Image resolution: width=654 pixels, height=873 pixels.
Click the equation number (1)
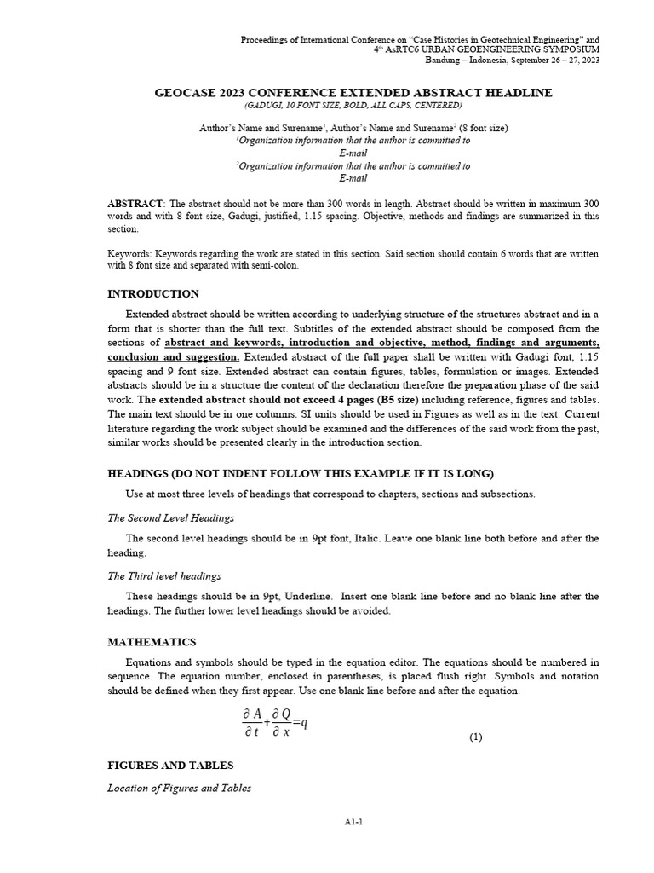click(x=476, y=737)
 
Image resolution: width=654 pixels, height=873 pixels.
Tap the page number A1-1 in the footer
click(x=353, y=821)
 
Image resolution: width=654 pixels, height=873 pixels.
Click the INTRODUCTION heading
click(x=153, y=294)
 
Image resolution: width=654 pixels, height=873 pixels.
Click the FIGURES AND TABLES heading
click(x=170, y=766)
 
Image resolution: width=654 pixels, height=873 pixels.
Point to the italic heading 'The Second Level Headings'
click(x=170, y=517)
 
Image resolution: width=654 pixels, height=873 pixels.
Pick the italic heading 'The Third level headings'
click(x=164, y=576)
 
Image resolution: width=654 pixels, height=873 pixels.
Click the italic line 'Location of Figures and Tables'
click(x=179, y=789)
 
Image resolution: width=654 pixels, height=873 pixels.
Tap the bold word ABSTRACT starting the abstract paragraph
click(x=135, y=205)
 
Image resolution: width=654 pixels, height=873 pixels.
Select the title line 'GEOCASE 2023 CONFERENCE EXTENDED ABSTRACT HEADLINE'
click(x=353, y=93)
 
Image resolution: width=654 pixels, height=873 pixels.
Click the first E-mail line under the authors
click(x=353, y=153)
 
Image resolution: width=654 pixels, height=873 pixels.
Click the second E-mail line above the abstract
click(x=353, y=178)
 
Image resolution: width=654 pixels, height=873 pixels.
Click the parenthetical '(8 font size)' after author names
click(x=481, y=128)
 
